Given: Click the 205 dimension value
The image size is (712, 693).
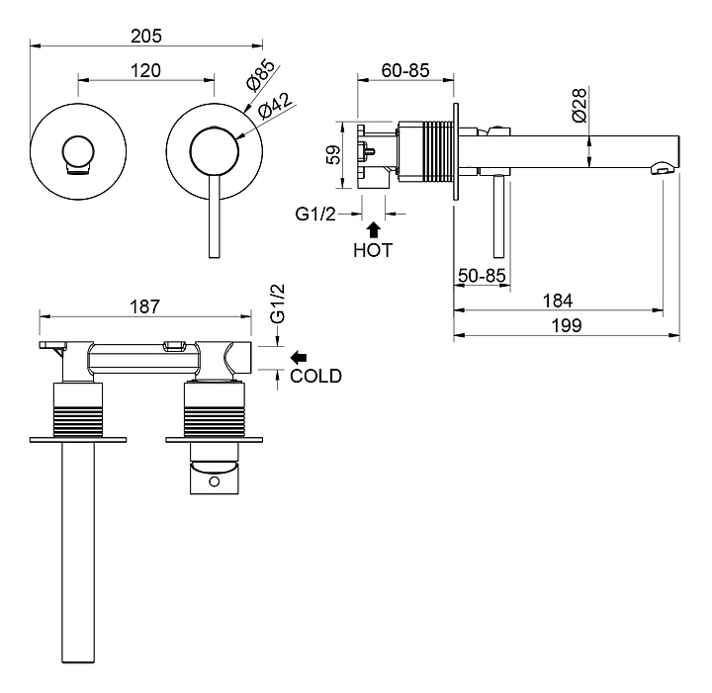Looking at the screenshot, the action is [146, 36].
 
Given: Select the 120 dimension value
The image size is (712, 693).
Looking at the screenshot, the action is [145, 71].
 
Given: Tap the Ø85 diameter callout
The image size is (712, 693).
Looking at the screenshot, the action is [260, 74].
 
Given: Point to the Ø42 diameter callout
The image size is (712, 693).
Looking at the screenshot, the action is [274, 107].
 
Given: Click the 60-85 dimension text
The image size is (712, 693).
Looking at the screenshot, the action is [405, 71].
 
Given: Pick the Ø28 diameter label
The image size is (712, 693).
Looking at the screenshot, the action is [579, 106].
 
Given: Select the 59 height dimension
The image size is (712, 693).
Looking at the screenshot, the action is [334, 155].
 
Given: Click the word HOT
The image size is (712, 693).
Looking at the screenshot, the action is [373, 250].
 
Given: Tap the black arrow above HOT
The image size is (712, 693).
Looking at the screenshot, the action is [373, 229].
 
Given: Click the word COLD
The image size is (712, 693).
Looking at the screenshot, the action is [316, 377].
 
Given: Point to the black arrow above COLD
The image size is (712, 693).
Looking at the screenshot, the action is [299, 358].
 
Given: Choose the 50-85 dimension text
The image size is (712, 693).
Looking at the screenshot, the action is [482, 276].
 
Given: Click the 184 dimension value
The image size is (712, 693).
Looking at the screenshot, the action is [558, 301].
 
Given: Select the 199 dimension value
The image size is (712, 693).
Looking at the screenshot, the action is [567, 325].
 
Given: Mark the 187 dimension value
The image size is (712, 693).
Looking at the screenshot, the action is [145, 306].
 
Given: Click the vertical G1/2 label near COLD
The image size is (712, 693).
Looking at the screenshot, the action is [278, 303].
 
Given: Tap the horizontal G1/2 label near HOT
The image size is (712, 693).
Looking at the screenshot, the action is [315, 214].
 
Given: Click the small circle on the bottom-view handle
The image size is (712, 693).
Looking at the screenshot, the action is [214, 481].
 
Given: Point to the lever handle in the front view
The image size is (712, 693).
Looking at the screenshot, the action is [214, 217].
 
